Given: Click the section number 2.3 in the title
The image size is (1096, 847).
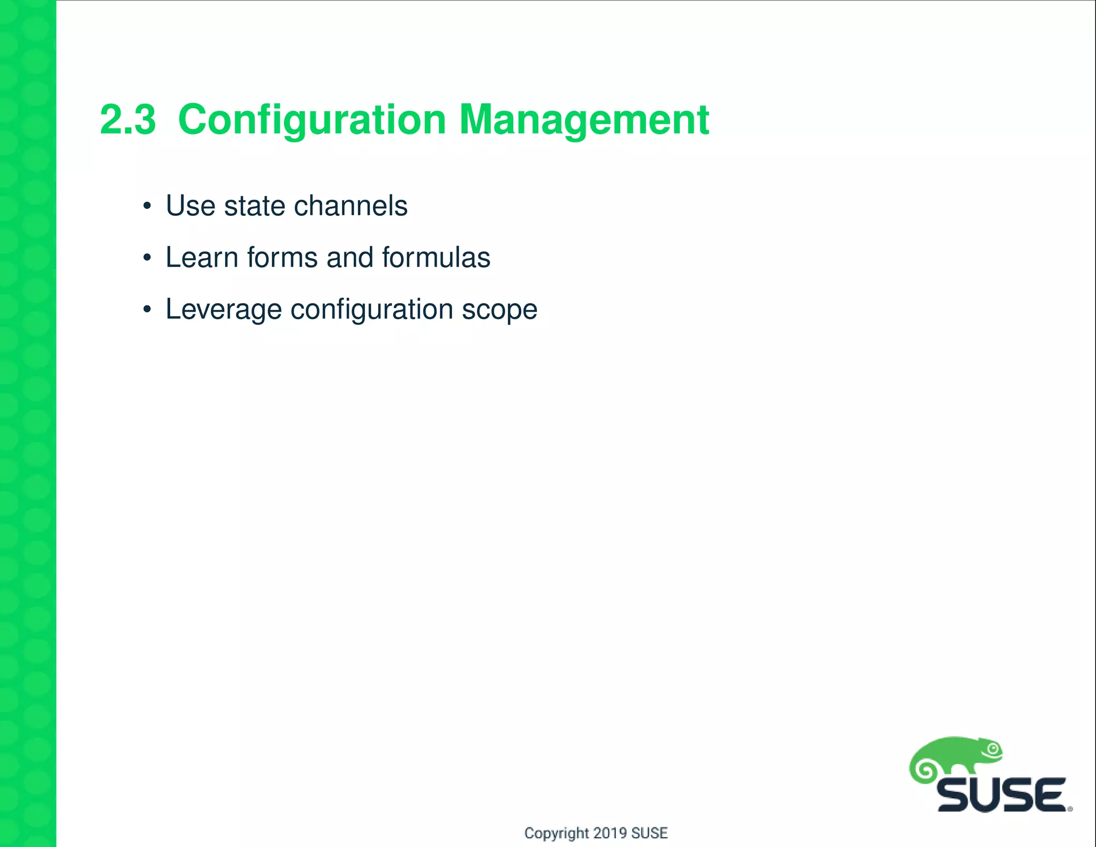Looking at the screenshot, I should (x=128, y=119).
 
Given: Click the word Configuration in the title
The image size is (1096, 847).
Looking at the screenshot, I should (x=312, y=120).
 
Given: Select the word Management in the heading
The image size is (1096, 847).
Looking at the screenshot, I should (x=584, y=120).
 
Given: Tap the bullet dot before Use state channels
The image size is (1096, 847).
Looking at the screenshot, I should (x=147, y=206).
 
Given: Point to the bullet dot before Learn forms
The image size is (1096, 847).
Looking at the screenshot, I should (x=147, y=258).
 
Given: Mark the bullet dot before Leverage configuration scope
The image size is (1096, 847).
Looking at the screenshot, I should (x=147, y=309).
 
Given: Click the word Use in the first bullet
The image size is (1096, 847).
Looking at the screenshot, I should (x=190, y=206).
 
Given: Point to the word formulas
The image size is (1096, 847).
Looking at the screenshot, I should (x=436, y=258).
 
